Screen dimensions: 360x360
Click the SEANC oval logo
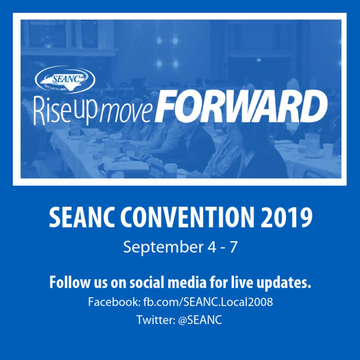click(65, 79)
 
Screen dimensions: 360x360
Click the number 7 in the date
click(232, 247)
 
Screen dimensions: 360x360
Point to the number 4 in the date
click(212, 247)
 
